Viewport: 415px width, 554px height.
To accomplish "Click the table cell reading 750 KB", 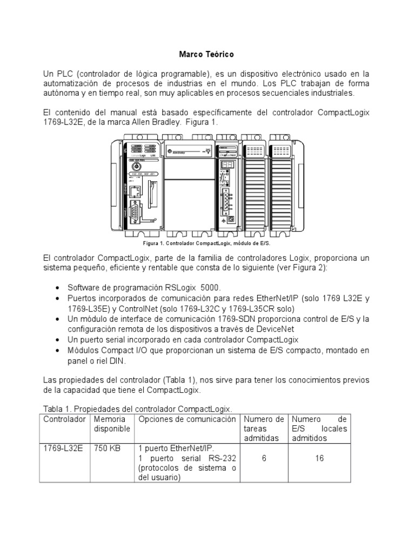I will tap(104, 449).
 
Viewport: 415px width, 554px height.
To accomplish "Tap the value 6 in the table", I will tap(263, 458).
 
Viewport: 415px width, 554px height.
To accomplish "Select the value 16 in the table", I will tap(319, 458).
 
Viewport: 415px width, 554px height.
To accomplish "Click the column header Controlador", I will tap(64, 419).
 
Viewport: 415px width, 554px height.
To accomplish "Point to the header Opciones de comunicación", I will tap(187, 419).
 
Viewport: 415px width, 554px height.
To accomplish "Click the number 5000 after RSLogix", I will tap(211, 287).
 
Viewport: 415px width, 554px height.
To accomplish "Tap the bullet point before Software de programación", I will tap(58, 288).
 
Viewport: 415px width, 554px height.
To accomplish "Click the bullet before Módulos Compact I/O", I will tap(58, 351).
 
